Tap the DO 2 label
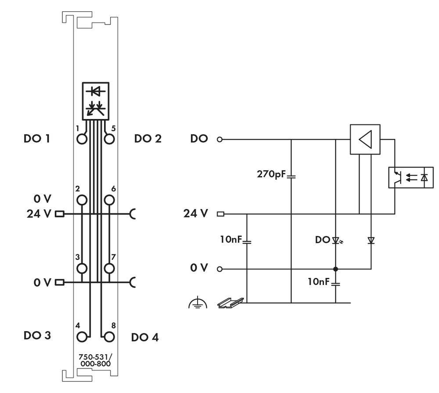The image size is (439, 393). (x=148, y=139)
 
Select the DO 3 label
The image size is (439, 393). (x=37, y=336)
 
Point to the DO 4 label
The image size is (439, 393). (x=145, y=337)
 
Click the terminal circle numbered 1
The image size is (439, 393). (x=82, y=140)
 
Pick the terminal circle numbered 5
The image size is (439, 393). (x=109, y=140)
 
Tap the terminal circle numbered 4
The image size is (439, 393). (x=82, y=337)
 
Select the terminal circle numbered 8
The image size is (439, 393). (x=109, y=337)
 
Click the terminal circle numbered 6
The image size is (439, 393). (x=109, y=201)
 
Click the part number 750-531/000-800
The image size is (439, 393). (x=95, y=360)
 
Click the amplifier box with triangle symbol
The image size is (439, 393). (x=365, y=139)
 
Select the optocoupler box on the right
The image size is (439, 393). (x=411, y=177)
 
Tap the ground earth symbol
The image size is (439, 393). (x=198, y=303)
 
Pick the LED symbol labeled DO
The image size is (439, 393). (x=337, y=240)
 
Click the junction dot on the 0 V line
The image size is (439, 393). (x=335, y=269)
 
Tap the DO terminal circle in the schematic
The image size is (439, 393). (x=220, y=140)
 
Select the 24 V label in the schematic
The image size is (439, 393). (x=195, y=214)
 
